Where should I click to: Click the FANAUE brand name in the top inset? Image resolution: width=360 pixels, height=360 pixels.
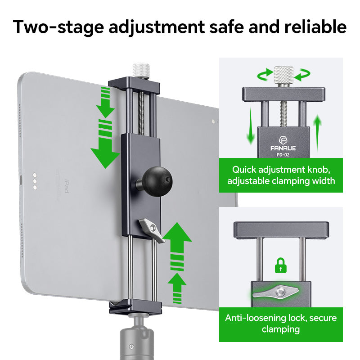(283, 147)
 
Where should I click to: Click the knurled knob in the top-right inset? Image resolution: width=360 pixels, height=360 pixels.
(283, 75)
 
